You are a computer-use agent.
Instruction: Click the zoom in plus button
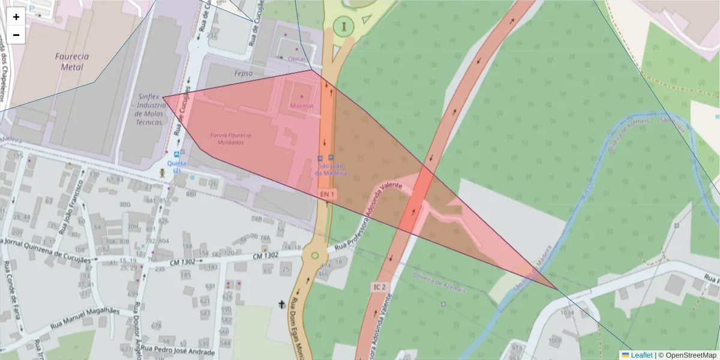[16, 17]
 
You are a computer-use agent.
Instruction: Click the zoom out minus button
[16, 35]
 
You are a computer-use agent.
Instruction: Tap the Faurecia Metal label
[71, 61]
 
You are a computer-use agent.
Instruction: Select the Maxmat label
[301, 106]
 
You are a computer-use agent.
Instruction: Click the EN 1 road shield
[326, 194]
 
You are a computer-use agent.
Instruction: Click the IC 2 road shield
[380, 287]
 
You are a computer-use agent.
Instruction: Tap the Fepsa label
[244, 73]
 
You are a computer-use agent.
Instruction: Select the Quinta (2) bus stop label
[176, 167]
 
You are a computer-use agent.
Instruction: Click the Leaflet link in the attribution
[641, 355]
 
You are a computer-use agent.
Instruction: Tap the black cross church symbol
[280, 305]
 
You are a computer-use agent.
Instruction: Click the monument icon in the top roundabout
[344, 26]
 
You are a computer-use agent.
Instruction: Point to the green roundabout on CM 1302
[314, 256]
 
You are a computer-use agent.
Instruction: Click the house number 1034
[566, 313]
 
